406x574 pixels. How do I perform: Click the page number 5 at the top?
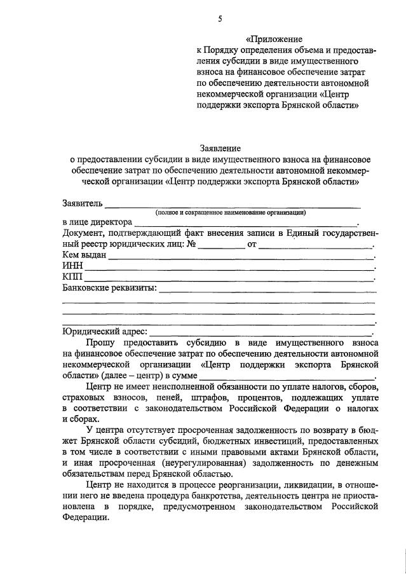pos(219,19)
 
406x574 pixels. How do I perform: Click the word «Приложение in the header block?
pos(275,39)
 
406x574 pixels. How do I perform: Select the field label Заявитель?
pos(82,204)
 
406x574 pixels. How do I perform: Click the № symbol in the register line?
pos(191,245)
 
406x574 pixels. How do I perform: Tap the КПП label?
pos(72,278)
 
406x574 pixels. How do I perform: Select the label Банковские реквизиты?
pos(109,290)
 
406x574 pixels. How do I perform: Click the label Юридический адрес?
pos(105,331)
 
